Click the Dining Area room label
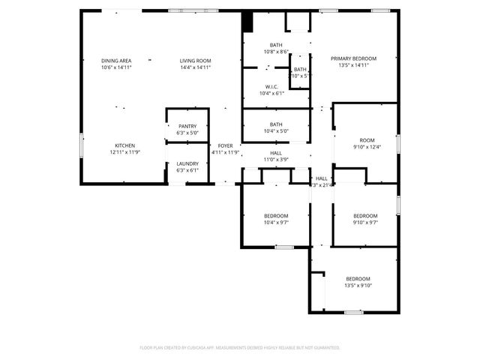(116, 60)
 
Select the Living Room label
(195, 60)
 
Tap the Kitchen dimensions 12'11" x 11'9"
(125, 152)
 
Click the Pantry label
(187, 126)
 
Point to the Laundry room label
(187, 163)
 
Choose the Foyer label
(225, 145)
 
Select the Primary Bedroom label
(354, 58)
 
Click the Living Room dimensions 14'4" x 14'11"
(195, 67)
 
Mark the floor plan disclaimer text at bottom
(240, 347)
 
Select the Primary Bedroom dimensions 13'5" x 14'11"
(354, 65)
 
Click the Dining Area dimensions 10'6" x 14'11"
(116, 67)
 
